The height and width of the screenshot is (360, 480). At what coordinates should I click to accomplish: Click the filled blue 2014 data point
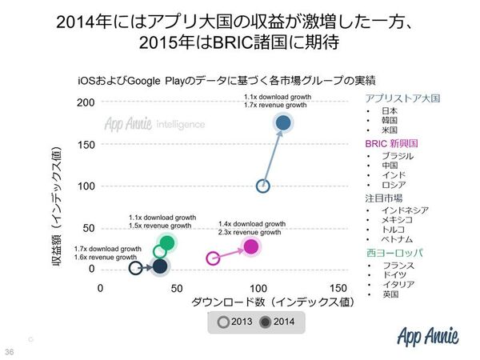282,122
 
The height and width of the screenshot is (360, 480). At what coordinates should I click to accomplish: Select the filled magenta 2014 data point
251,246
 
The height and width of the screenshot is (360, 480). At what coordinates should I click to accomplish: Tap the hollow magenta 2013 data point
213,258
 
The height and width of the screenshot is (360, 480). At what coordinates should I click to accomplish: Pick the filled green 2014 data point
167,242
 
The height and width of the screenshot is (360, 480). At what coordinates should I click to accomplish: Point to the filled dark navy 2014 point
161,266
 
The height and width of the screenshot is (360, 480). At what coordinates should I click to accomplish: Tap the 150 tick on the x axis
338,287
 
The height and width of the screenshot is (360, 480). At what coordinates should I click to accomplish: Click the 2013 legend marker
223,322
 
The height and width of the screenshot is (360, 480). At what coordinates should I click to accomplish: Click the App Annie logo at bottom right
430,335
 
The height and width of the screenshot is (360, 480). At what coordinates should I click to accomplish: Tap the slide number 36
10,352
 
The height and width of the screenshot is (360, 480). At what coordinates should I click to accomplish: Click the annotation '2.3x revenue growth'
250,232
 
